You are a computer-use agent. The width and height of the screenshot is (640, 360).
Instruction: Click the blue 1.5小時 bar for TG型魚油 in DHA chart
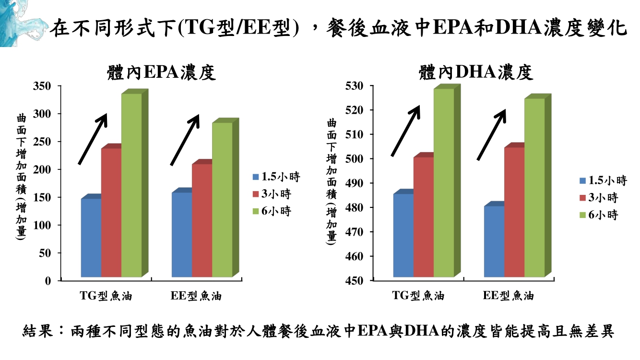pyautogui.click(x=403, y=235)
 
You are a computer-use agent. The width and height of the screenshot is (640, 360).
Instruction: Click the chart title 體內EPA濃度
pyautogui.click(x=160, y=72)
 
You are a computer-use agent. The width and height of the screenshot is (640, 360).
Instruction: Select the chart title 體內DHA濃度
pyautogui.click(x=475, y=72)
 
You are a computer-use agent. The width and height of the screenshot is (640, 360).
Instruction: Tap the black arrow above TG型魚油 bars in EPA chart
pyautogui.click(x=93, y=139)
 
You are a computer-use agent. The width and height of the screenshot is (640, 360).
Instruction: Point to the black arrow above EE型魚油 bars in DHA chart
pyautogui.click(x=491, y=134)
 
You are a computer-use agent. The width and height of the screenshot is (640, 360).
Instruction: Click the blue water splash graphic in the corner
pyautogui.click(x=22, y=22)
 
